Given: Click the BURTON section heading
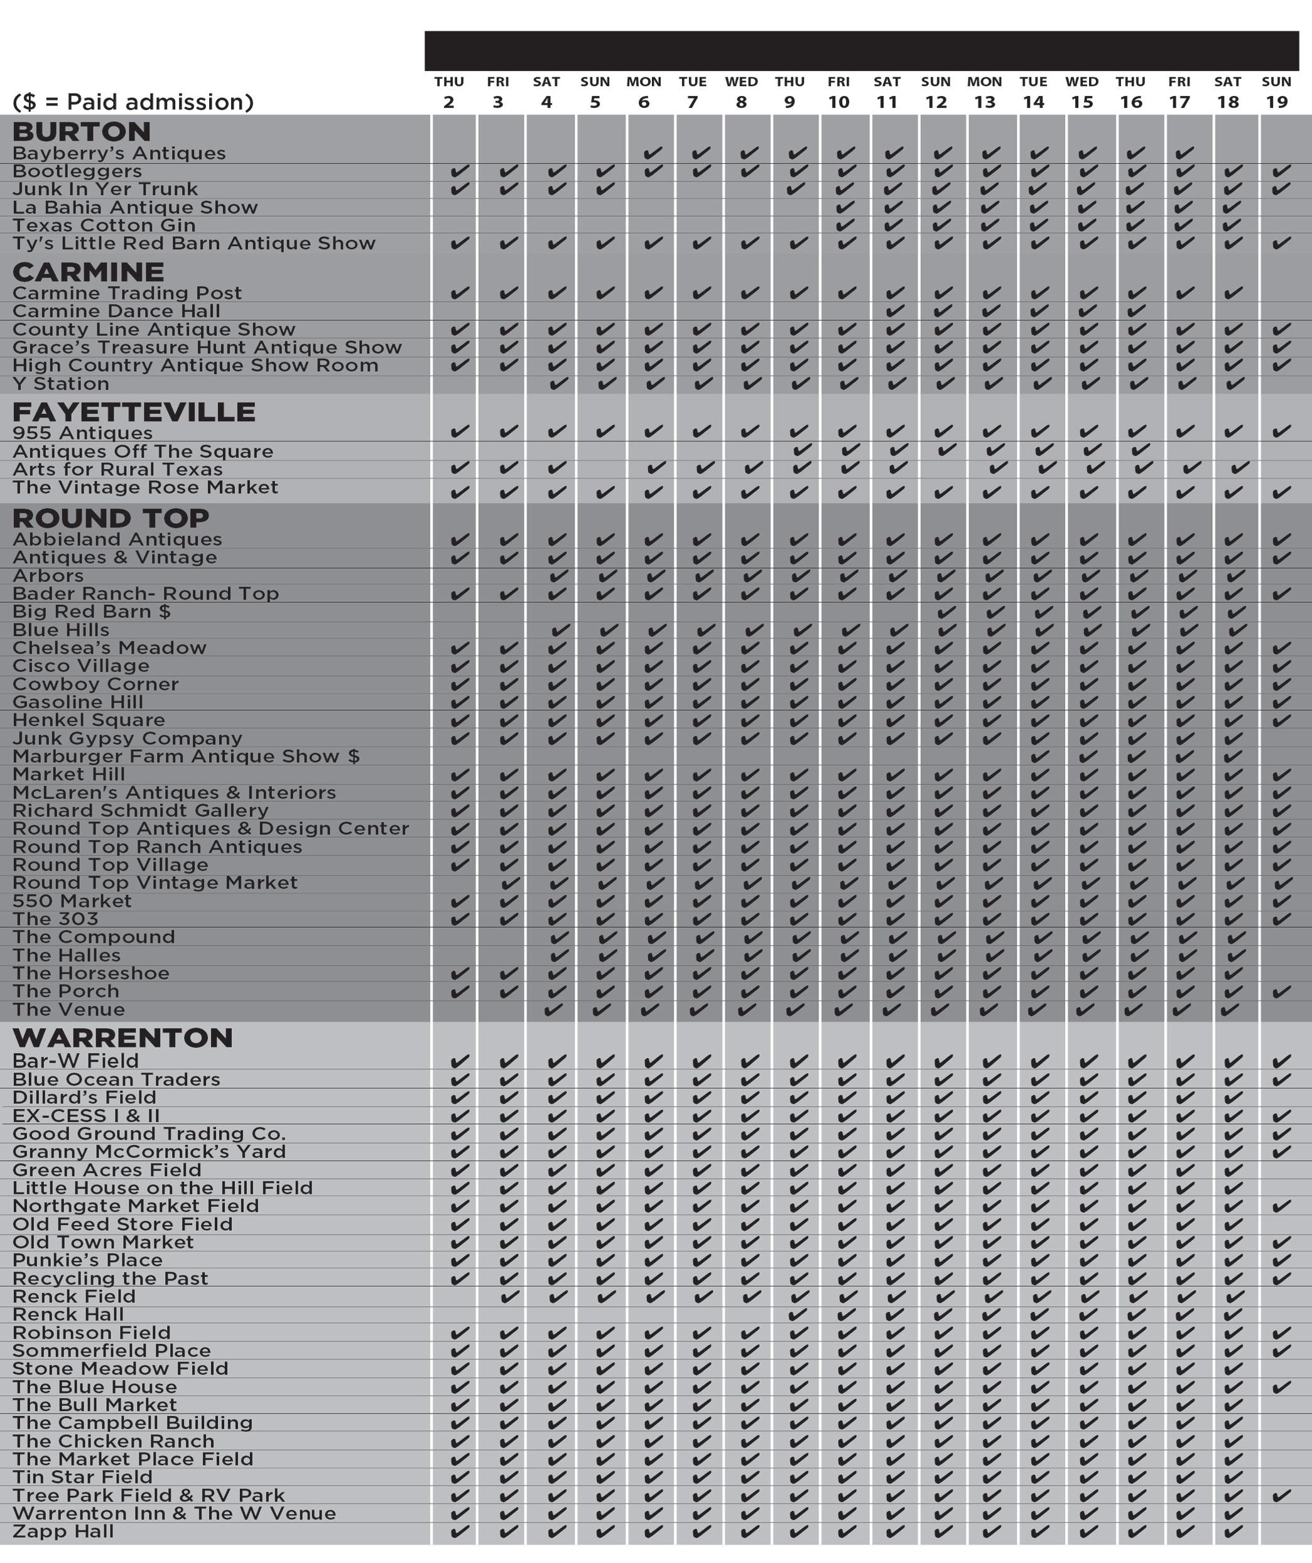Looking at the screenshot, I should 81,132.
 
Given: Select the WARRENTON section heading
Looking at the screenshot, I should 123,1037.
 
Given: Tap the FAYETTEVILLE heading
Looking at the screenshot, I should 134,411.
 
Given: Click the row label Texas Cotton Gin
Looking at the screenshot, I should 104,225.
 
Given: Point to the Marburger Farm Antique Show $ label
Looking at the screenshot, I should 186,756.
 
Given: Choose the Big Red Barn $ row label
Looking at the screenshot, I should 92,612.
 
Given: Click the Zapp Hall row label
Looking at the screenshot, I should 63,1531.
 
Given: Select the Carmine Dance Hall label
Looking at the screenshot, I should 116,311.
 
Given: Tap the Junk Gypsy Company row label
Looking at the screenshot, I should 127,738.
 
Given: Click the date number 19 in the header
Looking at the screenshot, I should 1277,102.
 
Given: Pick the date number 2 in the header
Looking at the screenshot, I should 449,102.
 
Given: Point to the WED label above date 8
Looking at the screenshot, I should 741,82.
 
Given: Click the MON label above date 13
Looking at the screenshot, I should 985,82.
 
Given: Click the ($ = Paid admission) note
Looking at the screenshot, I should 133,101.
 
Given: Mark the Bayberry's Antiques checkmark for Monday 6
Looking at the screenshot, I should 653,153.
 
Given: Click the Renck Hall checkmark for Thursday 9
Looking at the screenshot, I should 798,1314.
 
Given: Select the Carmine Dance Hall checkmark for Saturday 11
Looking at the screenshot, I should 895,311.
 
